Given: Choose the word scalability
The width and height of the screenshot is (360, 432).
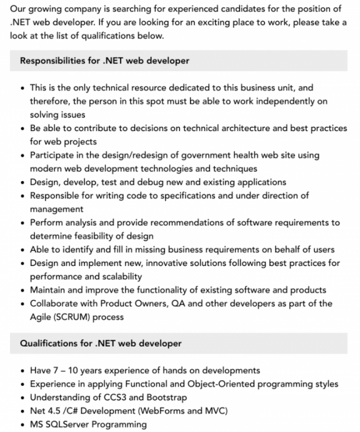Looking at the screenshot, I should pos(119,276).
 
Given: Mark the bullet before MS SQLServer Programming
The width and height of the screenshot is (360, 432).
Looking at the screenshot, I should pos(24,425).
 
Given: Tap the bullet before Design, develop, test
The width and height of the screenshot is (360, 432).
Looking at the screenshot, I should pos(24,182).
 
